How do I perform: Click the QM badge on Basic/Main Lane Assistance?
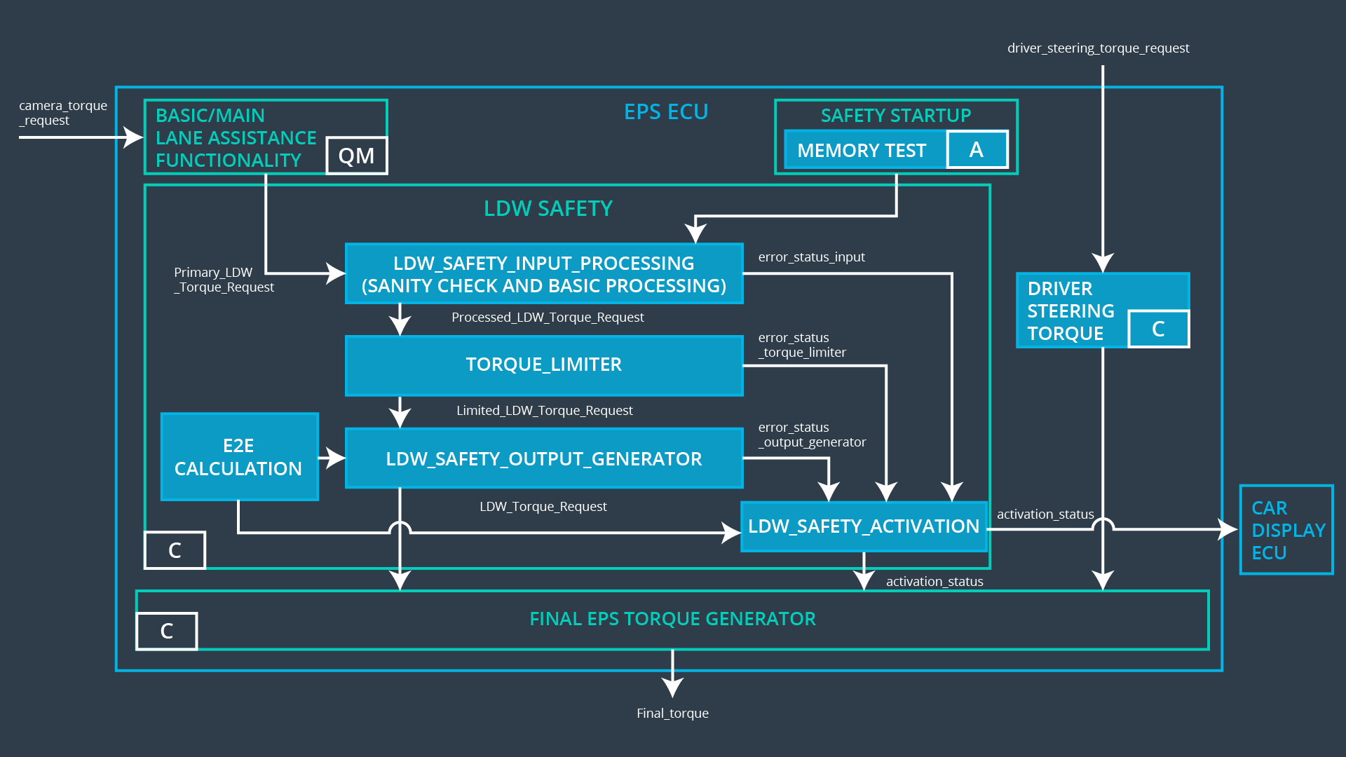(x=356, y=156)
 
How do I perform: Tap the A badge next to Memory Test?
(x=977, y=149)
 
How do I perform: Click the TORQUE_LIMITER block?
(x=544, y=365)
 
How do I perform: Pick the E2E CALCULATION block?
(x=239, y=457)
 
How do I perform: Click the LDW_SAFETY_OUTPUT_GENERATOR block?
(x=544, y=458)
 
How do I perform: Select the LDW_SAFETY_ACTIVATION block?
(x=863, y=526)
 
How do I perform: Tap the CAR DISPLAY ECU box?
(x=1286, y=530)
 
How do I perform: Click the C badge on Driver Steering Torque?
(x=1158, y=329)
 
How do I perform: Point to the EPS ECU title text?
(x=666, y=112)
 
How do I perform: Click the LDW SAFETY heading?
(x=548, y=209)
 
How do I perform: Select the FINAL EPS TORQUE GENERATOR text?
(x=672, y=619)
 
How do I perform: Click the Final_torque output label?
(x=672, y=713)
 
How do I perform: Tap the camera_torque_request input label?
(x=62, y=113)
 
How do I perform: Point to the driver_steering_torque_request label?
(x=1098, y=48)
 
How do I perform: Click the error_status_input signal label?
(x=811, y=257)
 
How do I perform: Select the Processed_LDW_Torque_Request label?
(x=548, y=318)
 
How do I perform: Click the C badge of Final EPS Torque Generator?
(x=166, y=631)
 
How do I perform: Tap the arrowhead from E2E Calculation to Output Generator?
(x=336, y=458)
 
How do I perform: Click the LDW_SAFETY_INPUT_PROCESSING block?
(x=544, y=274)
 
